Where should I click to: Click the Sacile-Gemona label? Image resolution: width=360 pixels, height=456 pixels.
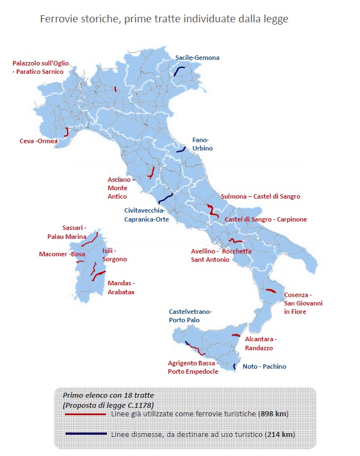pos(197,58)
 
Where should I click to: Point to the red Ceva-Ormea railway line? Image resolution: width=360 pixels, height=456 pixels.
pos(67,133)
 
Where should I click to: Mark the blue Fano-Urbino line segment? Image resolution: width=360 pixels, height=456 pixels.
pos(181,150)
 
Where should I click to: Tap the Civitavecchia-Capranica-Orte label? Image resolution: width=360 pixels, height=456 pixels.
pos(146,215)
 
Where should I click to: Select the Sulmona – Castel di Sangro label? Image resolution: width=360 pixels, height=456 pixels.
pos(260,196)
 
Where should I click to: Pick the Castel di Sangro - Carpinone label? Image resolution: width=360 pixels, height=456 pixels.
pos(265,219)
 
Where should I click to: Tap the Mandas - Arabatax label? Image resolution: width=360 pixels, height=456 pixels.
pos(121,288)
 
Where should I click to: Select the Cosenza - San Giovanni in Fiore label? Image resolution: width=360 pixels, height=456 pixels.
pos(303,303)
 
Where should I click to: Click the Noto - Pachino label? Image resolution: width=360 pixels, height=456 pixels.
pos(264,366)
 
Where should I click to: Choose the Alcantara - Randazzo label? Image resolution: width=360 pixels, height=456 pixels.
pos(261,344)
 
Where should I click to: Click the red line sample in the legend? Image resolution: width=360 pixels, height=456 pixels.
pos(85,415)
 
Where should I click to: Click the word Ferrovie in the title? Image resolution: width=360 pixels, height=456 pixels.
pos(58,20)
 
